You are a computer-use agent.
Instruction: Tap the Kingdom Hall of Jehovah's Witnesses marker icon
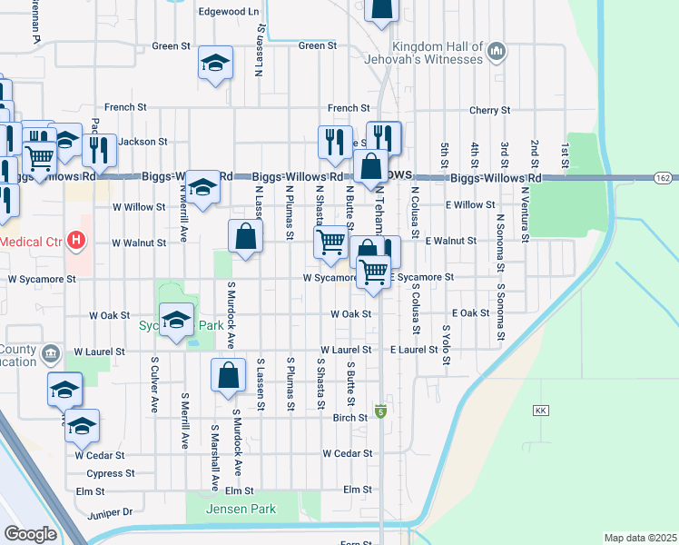(496, 53)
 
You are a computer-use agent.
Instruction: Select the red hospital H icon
(77, 242)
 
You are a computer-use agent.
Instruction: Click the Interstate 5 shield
(380, 411)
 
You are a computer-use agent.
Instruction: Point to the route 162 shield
(662, 179)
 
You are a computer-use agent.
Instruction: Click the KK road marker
(542, 411)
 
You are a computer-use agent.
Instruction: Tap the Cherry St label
(489, 111)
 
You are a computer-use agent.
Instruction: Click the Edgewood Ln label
(229, 12)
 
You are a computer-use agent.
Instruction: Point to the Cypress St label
(111, 473)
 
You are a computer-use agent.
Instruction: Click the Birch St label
(349, 418)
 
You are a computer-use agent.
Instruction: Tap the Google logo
(30, 534)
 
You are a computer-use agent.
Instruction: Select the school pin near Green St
(216, 64)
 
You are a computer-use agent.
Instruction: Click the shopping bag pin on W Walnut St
(245, 238)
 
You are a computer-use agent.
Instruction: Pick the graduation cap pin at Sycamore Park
(177, 320)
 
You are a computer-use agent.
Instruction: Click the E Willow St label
(469, 205)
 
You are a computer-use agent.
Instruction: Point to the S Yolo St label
(446, 346)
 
